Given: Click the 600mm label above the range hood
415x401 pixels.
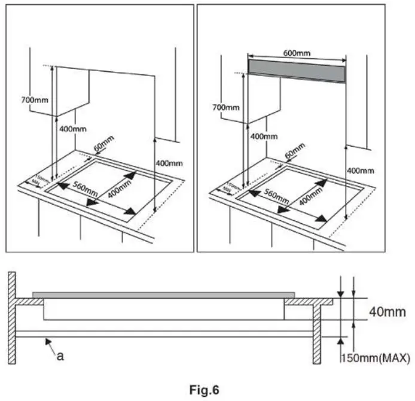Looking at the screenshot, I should [298, 53].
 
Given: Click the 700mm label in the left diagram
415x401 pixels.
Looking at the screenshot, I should [35, 100].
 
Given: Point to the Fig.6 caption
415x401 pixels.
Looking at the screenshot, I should [205, 390].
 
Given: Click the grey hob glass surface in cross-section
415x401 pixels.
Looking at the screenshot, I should [163, 295].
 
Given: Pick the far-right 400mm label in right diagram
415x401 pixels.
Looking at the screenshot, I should [361, 171].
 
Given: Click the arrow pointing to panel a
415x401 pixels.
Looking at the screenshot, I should [48, 344].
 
